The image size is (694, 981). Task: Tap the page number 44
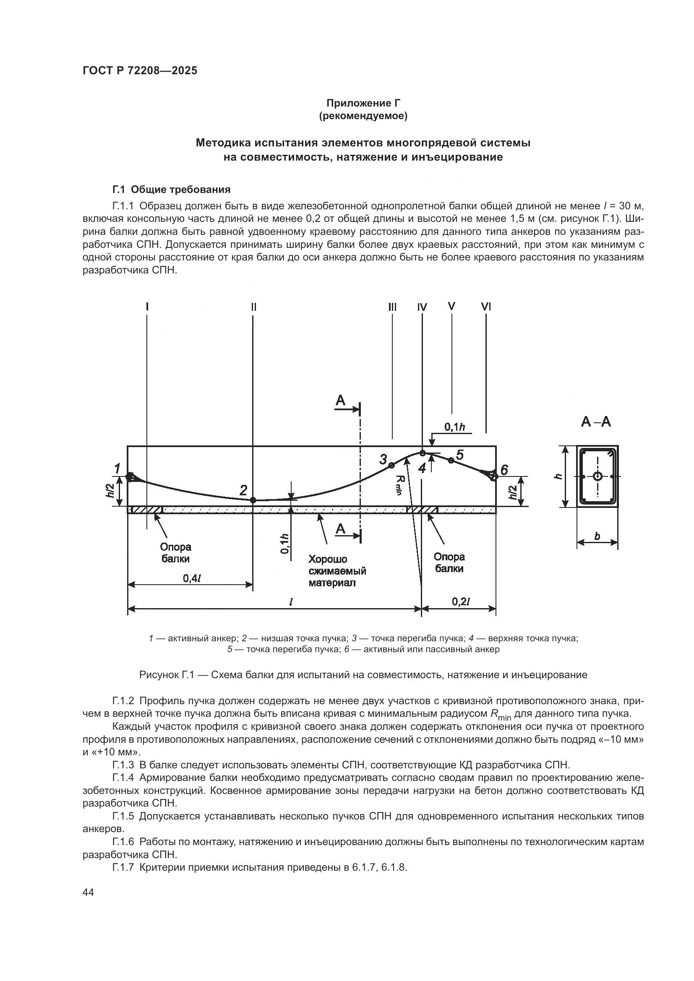(x=89, y=892)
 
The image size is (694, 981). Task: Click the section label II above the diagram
(x=254, y=307)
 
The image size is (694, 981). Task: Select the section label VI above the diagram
(x=486, y=307)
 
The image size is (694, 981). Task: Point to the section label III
(x=392, y=307)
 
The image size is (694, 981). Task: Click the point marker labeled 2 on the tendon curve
(x=253, y=500)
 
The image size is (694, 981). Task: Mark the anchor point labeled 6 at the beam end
(x=494, y=476)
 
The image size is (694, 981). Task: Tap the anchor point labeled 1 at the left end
(x=130, y=476)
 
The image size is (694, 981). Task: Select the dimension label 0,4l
(x=192, y=578)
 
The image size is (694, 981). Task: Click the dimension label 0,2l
(x=461, y=601)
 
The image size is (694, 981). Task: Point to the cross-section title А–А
(x=596, y=422)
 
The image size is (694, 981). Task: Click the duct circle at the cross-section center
(x=597, y=476)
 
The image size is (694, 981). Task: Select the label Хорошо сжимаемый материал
(x=337, y=571)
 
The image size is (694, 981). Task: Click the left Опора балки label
(x=176, y=553)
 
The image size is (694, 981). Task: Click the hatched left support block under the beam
(x=146, y=510)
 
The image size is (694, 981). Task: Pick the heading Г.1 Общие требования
(x=171, y=189)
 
